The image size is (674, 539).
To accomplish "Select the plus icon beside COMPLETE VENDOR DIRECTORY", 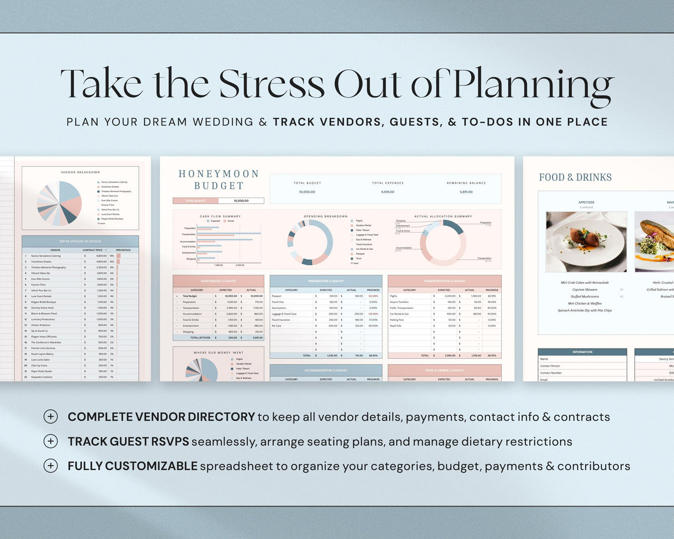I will (51, 417).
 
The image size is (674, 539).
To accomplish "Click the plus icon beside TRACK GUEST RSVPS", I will (51, 441).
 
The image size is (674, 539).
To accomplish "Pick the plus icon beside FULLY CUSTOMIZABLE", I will (51, 466).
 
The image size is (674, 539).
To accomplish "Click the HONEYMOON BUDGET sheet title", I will (219, 179).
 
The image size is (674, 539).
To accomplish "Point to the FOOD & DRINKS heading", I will (575, 177).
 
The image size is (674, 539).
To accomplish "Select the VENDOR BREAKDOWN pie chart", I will (59, 203).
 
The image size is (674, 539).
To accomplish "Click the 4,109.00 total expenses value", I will (388, 192).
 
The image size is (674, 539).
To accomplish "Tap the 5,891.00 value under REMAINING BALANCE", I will (466, 192).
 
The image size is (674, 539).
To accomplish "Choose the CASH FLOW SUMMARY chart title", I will (220, 216).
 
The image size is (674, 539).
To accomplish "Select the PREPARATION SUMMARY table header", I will (325, 281).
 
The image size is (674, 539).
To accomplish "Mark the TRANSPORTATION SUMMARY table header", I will (444, 281).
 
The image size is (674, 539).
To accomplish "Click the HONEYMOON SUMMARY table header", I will (218, 281).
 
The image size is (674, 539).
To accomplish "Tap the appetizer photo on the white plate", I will (586, 241).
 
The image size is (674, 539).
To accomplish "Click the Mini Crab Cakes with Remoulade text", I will (585, 283).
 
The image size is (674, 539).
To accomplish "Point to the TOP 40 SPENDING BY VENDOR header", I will (80, 241).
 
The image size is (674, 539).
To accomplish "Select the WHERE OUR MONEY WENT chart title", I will (218, 352).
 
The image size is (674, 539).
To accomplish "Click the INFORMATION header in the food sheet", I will (582, 352).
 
